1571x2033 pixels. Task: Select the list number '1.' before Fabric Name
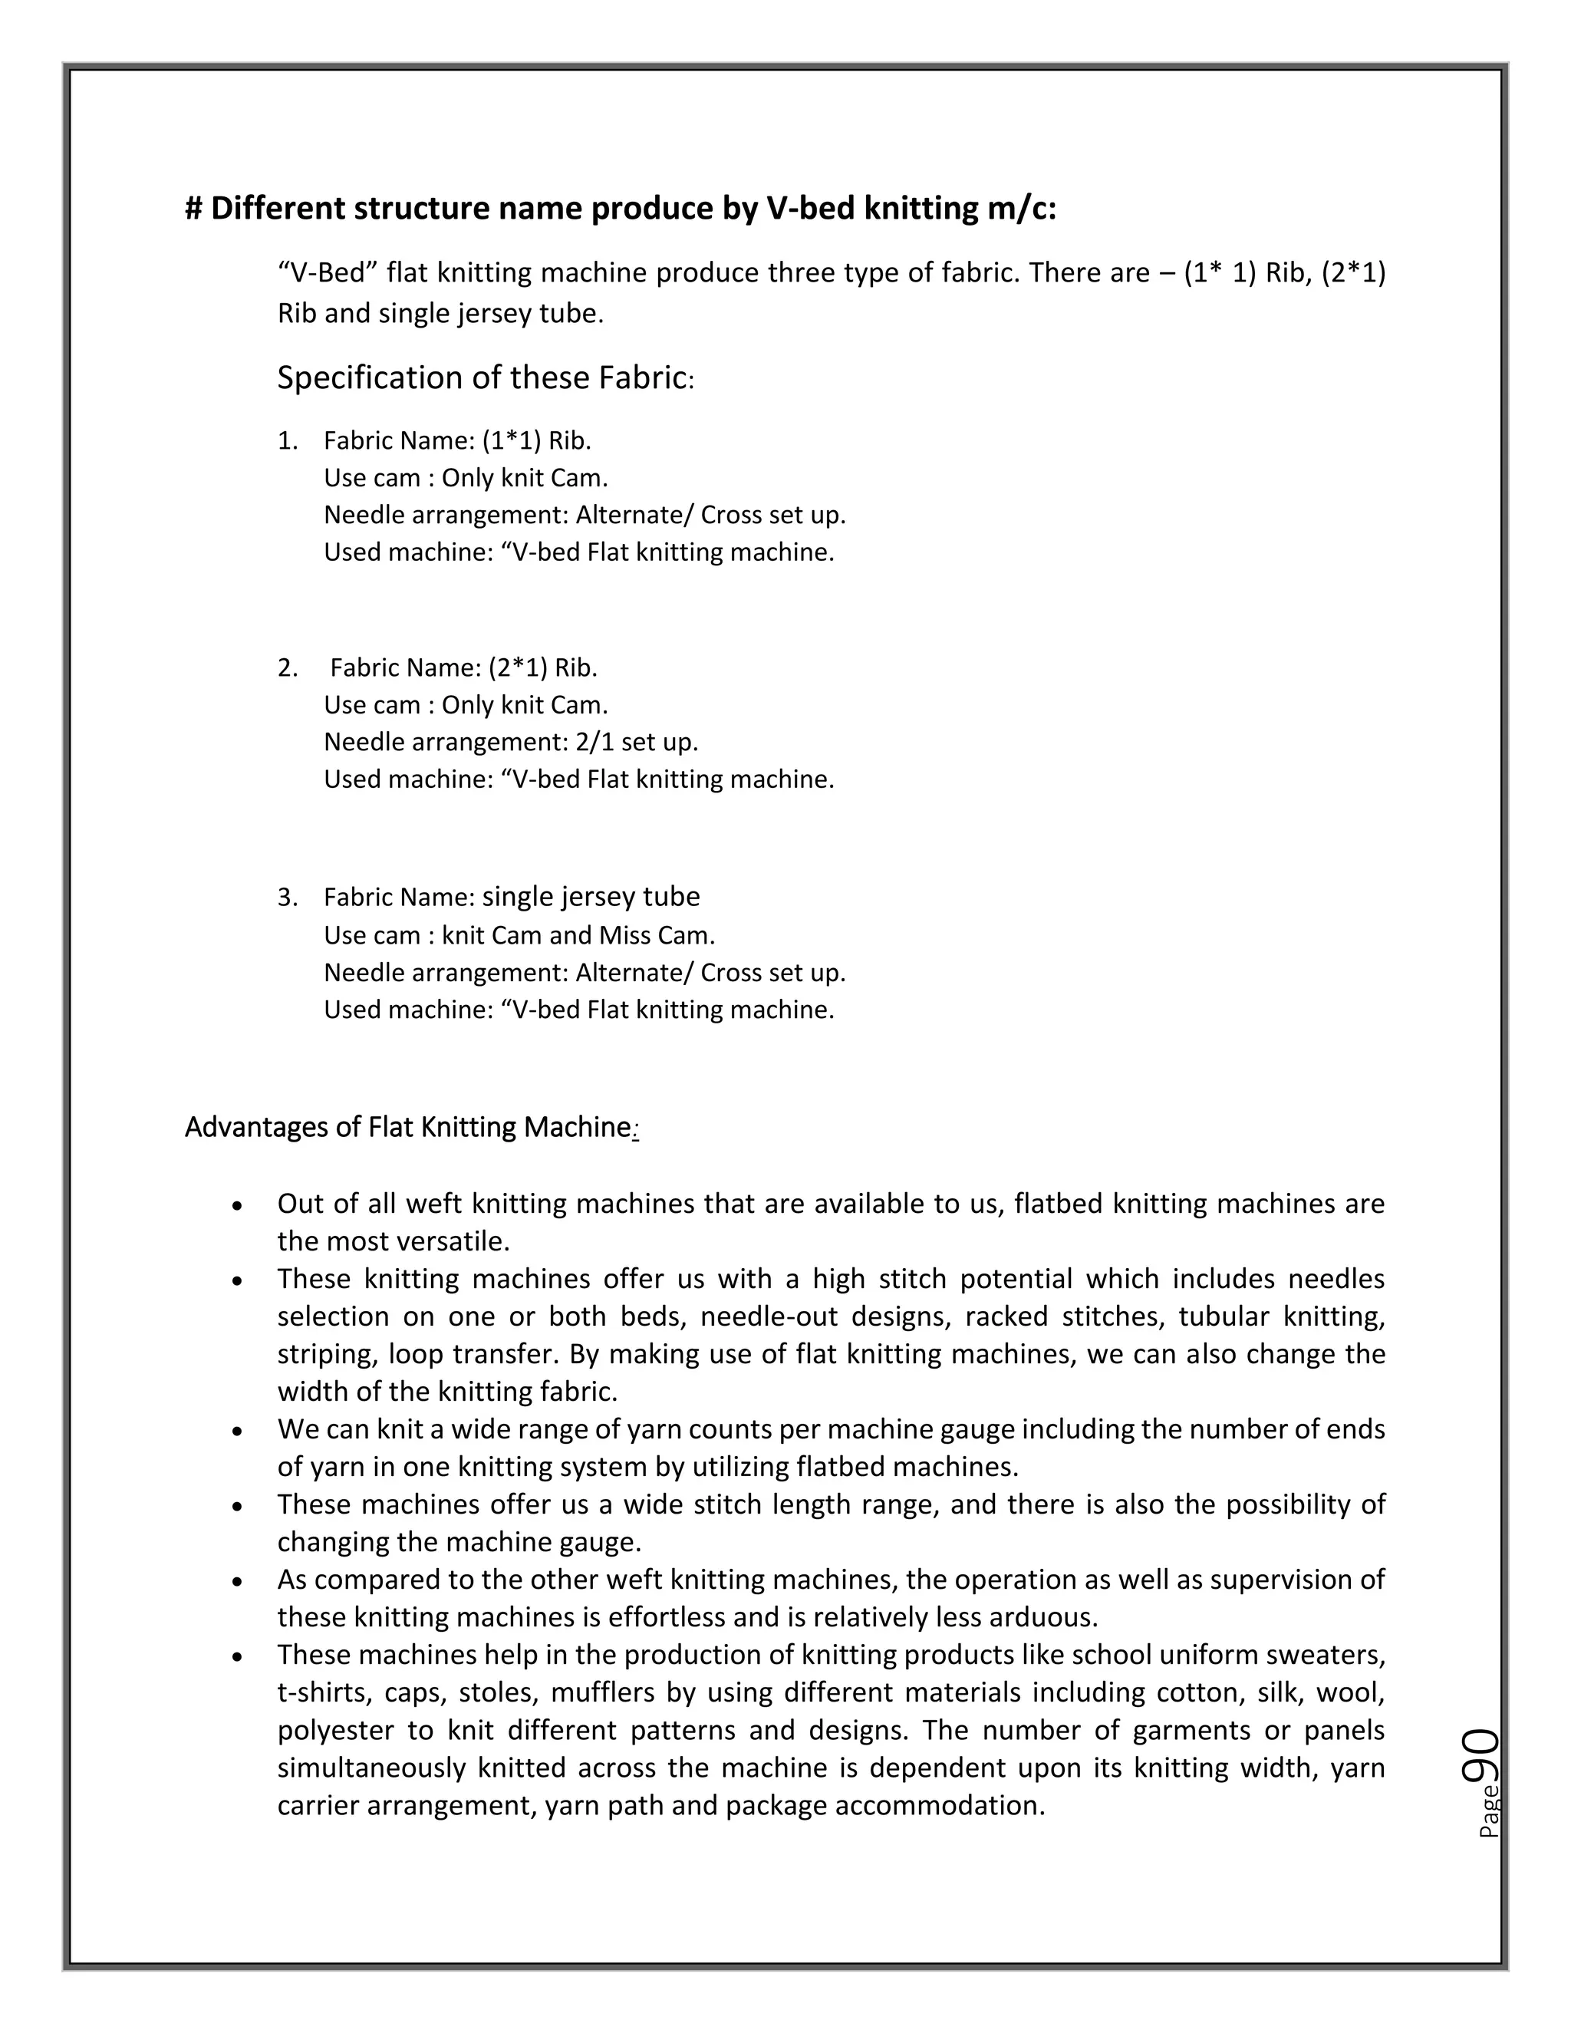[x=288, y=441]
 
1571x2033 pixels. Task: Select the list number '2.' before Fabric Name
[x=288, y=668]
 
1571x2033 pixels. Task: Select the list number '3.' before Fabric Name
[x=288, y=898]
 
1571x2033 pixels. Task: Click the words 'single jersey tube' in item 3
[x=590, y=896]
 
